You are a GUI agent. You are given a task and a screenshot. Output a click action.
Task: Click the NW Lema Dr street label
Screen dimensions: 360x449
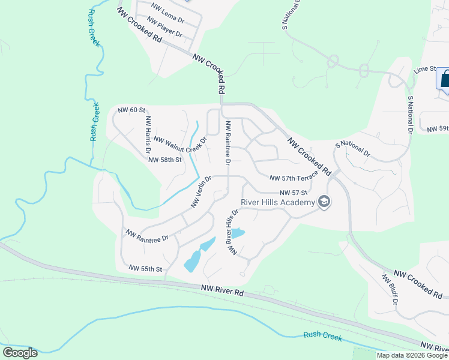point(167,13)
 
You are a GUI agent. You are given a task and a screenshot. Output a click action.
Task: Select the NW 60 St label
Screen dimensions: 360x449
point(132,110)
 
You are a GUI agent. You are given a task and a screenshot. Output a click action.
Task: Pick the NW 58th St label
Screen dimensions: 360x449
point(164,160)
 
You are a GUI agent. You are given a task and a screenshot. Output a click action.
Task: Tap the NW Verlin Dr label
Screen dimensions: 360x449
point(202,191)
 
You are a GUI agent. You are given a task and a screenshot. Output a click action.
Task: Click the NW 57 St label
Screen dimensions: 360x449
point(293,192)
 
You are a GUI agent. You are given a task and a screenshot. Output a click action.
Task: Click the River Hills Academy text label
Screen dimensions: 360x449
point(278,202)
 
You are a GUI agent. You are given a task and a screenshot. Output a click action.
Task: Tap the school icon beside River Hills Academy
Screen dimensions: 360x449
point(324,202)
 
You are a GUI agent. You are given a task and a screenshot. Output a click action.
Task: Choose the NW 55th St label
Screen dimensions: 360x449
point(146,269)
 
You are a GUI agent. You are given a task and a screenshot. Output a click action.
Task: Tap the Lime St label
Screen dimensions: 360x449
point(423,70)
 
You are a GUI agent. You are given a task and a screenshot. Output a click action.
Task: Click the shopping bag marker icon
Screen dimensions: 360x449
point(445,79)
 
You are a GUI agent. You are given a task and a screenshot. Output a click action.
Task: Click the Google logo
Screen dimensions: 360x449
point(20,353)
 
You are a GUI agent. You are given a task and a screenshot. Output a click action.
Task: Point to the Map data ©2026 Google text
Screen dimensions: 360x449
point(412,355)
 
